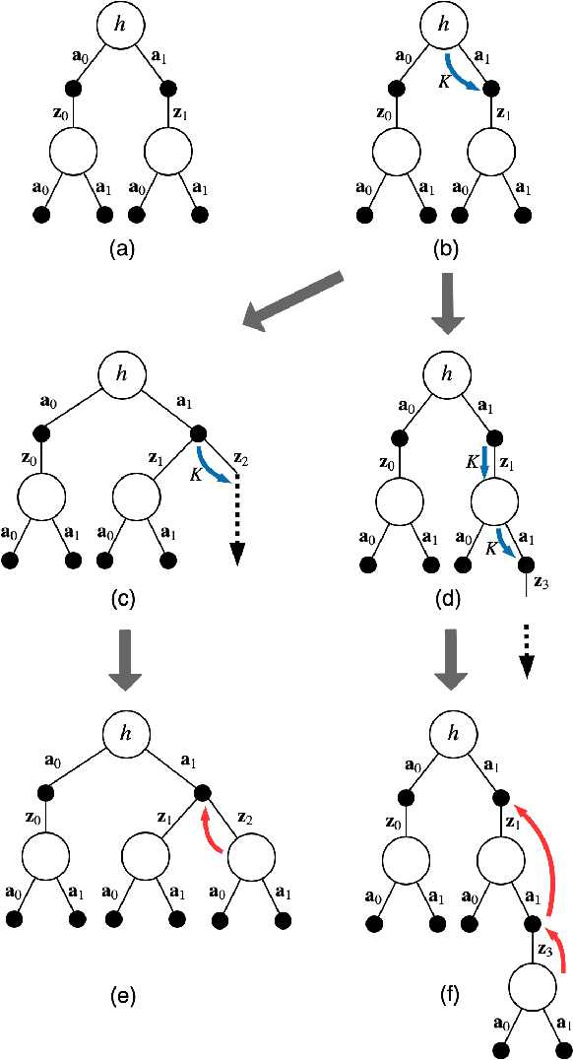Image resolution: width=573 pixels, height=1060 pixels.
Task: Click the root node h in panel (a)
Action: coord(120,26)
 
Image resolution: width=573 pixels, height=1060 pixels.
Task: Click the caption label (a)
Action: coord(120,249)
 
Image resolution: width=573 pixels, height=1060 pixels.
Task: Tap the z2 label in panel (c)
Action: coord(243,460)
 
